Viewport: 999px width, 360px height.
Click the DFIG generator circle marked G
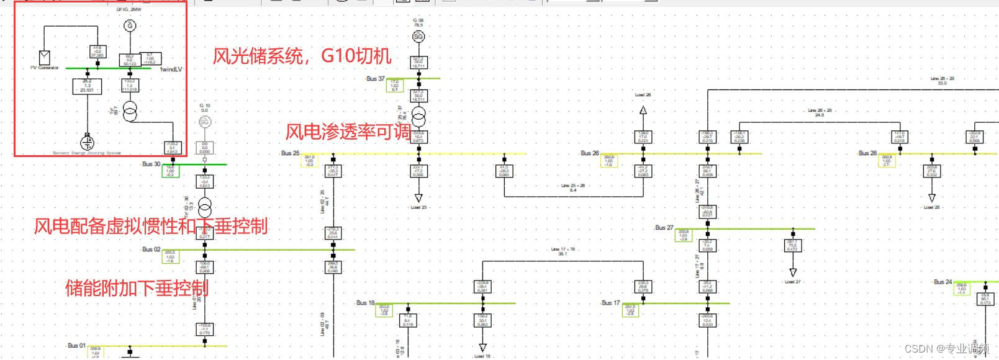click(130, 26)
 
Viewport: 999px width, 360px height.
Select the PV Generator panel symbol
click(45, 58)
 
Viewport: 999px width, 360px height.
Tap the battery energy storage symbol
click(88, 142)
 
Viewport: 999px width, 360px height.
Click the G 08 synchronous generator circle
click(418, 37)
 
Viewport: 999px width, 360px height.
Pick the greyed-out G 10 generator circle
click(205, 122)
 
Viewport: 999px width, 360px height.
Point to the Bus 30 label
click(151, 164)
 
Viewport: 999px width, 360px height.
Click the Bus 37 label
click(375, 79)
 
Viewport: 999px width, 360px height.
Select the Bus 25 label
click(290, 153)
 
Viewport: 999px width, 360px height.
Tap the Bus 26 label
click(589, 153)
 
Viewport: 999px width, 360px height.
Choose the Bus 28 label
click(867, 153)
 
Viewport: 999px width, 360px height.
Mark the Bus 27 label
click(664, 228)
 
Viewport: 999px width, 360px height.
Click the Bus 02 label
click(151, 250)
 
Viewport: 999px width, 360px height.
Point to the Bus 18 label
click(365, 303)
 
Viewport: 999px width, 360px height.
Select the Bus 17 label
click(610, 303)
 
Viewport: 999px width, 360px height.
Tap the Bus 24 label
click(942, 282)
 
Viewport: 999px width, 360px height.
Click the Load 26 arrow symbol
click(643, 110)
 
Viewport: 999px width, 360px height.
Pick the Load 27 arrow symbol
click(793, 272)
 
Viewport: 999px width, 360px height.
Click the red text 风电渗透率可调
click(348, 132)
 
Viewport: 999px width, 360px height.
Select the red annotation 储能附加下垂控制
click(137, 288)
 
